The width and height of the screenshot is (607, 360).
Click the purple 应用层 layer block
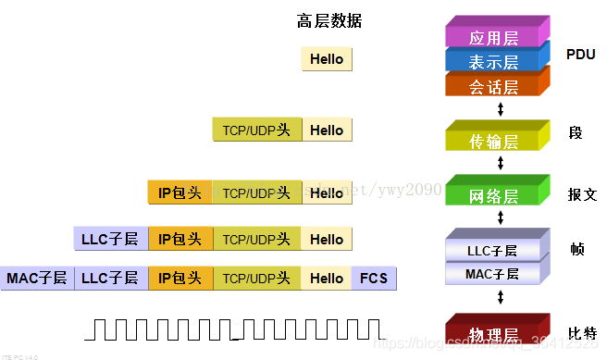pyautogui.click(x=493, y=38)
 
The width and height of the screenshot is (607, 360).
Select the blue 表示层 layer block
pyautogui.click(x=493, y=62)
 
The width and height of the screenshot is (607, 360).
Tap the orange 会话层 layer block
pyautogui.click(x=493, y=86)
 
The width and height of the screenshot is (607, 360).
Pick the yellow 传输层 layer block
pyautogui.click(x=493, y=141)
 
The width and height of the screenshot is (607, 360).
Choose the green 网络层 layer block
pyautogui.click(x=493, y=195)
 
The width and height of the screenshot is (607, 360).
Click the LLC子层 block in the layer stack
pyautogui.click(x=490, y=251)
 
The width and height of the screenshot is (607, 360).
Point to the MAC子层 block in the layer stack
pyautogui.click(x=490, y=273)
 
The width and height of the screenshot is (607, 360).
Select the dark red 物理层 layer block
pyautogui.click(x=493, y=332)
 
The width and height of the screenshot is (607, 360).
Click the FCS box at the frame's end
pyautogui.click(x=373, y=278)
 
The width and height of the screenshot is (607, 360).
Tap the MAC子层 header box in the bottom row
pyautogui.click(x=37, y=278)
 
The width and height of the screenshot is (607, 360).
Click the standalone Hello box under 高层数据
pyautogui.click(x=327, y=59)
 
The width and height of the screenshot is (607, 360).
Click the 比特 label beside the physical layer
pyautogui.click(x=583, y=333)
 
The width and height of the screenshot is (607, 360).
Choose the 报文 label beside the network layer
pyautogui.click(x=583, y=194)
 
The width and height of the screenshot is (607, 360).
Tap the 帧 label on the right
pyautogui.click(x=577, y=249)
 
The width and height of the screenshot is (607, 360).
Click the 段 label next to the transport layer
pyautogui.click(x=576, y=132)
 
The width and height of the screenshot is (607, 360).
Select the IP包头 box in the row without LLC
pyautogui.click(x=180, y=192)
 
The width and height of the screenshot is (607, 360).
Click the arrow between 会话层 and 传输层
pyautogui.click(x=501, y=109)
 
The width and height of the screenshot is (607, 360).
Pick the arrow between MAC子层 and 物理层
pyautogui.click(x=501, y=298)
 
